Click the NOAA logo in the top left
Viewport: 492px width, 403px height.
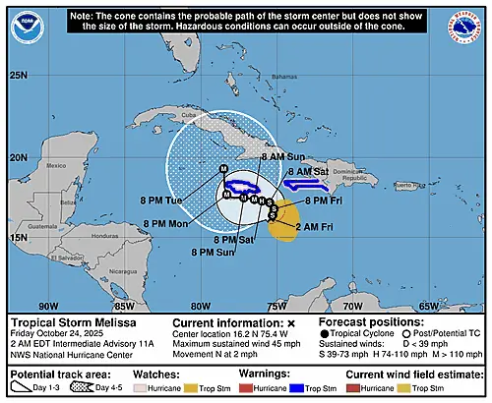tap(28, 27)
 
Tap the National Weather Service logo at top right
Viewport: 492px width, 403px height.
tap(464, 27)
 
